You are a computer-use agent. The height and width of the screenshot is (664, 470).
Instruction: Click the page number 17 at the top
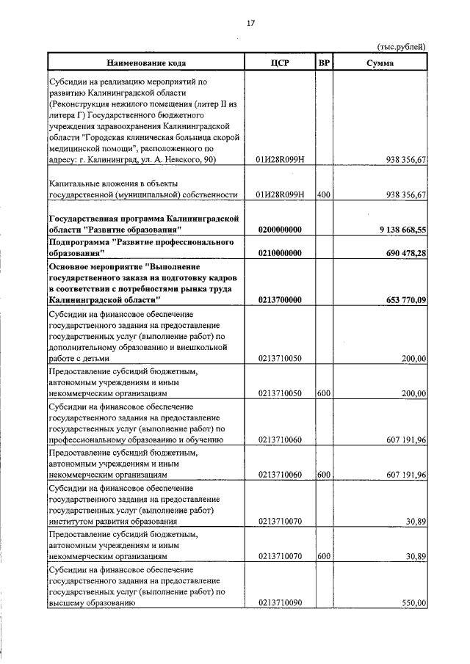point(250,23)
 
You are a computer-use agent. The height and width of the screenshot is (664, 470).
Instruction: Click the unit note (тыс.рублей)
point(401,47)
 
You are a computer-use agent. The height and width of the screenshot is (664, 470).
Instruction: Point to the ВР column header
point(324,62)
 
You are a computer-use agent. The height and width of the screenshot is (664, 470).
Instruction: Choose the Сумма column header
point(380,62)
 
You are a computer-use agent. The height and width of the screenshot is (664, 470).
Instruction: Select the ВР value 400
point(323,194)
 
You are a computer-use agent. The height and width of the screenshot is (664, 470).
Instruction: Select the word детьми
point(95,358)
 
